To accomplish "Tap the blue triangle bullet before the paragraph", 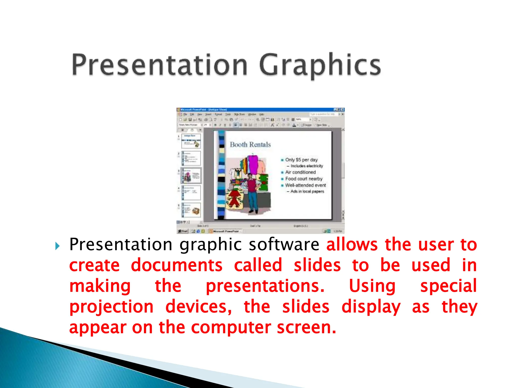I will tap(58, 246).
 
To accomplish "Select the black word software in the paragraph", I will tap(284, 245).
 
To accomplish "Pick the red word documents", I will tap(177, 265).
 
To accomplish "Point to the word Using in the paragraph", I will tap(372, 286).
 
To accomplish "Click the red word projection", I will tap(111, 307).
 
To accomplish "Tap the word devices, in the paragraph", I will tap(198, 307).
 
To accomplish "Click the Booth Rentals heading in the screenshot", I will tap(250, 145).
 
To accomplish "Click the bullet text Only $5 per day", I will tap(301, 160).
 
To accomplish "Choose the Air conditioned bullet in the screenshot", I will tap(300, 172).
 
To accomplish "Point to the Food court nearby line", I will tap(304, 179).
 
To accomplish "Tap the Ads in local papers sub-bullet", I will tap(307, 191).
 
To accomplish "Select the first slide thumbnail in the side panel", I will tap(191, 141).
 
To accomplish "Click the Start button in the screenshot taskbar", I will tap(183, 231).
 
